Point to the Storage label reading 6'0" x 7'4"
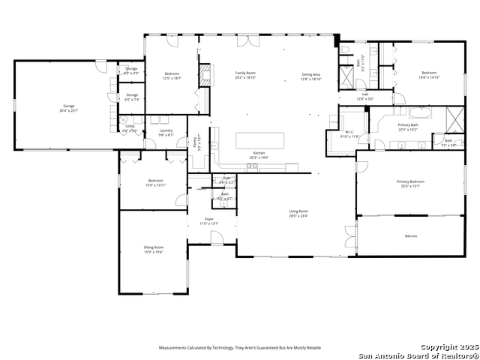(132, 97)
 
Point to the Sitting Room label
(153, 248)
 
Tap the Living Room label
(298, 213)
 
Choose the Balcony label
(410, 236)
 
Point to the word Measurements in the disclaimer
(175, 348)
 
